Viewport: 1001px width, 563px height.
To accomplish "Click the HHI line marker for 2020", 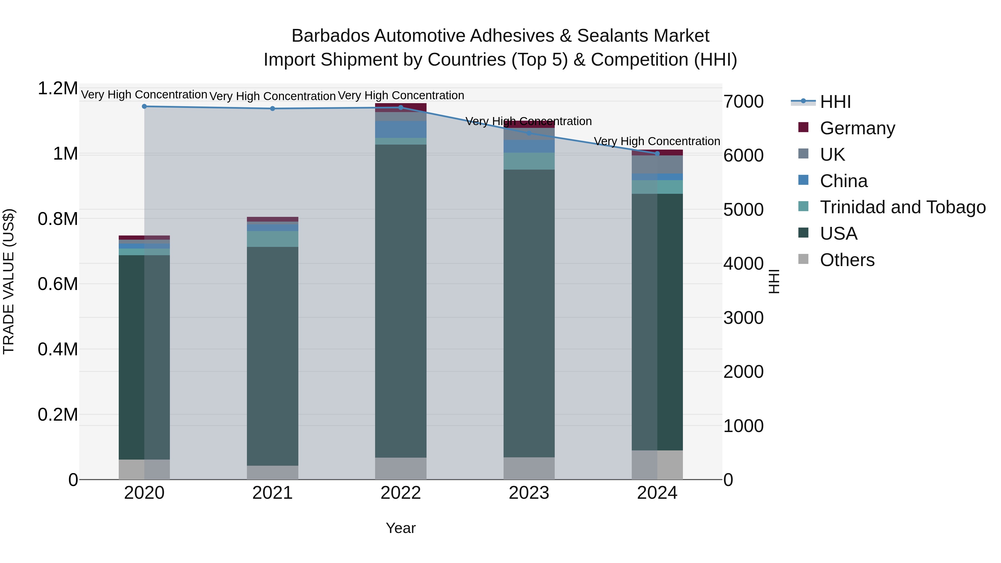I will coord(144,106).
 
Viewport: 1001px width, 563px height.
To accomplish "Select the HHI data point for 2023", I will coord(529,133).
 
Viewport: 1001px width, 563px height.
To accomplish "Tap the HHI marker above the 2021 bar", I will coord(272,108).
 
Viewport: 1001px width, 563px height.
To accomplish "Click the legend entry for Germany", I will coord(857,128).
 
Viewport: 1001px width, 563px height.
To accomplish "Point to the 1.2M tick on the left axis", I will coord(58,88).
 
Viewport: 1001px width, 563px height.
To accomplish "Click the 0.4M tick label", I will coord(58,349).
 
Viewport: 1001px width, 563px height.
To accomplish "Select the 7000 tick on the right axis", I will coord(743,101).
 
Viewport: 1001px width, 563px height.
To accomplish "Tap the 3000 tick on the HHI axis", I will coord(743,318).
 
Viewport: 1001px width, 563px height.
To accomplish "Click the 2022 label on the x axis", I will coord(401,493).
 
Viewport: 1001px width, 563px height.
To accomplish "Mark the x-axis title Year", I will coord(401,528).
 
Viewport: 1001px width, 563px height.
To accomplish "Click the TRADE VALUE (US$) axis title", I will coord(9,281).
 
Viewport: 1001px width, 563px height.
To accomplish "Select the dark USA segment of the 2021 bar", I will coord(272,356).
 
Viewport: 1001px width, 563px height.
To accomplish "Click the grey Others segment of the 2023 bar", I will coord(529,468).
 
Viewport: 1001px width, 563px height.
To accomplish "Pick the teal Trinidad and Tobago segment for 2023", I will coord(529,161).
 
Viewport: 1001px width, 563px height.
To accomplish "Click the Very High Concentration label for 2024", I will coord(657,141).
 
